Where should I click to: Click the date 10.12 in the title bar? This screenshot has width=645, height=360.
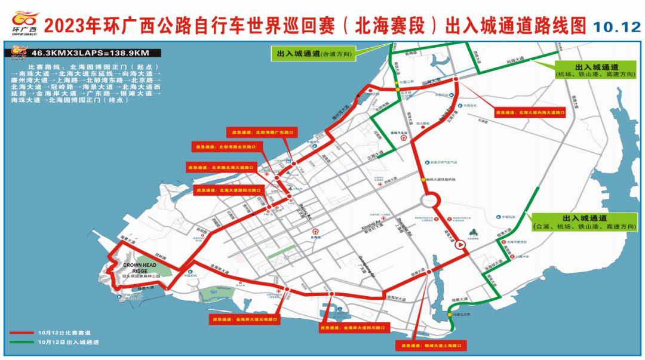tap(615, 26)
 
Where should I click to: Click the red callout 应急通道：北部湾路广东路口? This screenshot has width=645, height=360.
tap(261, 131)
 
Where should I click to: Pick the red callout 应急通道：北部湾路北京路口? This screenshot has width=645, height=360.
tap(226, 146)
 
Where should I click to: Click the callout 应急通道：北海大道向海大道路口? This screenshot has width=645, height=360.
tap(529, 112)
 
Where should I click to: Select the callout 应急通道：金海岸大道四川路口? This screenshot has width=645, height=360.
tap(354, 328)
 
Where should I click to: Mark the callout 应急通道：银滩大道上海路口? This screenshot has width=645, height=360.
tap(431, 345)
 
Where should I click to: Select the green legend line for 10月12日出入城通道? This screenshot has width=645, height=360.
tap(21, 342)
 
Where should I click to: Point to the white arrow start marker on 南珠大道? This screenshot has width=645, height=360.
tap(460, 245)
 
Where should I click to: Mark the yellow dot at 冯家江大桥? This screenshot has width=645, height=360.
tap(449, 314)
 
